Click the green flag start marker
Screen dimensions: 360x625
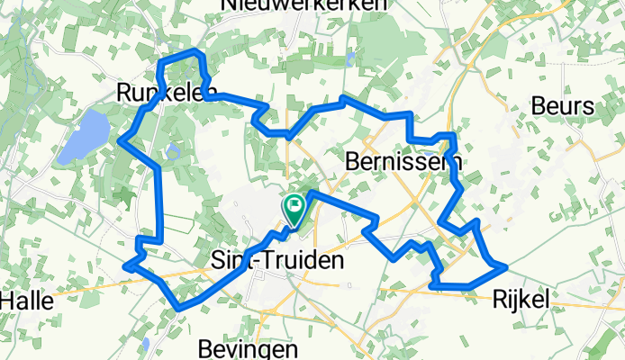(294, 208)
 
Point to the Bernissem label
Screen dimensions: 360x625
(403, 162)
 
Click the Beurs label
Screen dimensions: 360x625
(563, 106)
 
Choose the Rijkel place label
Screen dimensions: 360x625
(520, 298)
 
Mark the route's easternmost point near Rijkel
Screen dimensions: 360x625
(506, 266)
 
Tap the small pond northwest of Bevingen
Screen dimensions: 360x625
(145, 344)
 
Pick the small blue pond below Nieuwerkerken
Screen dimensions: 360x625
(349, 59)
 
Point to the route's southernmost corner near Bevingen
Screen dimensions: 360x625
(181, 308)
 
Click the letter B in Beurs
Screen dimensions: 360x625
(539, 106)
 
